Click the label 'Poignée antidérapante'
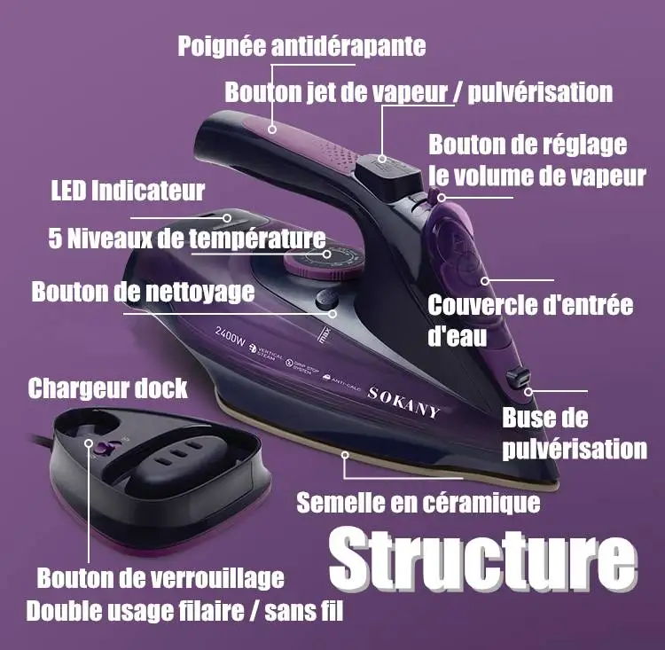[301, 46]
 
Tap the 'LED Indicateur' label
[129, 190]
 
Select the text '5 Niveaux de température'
[187, 239]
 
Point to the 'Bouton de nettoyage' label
[143, 291]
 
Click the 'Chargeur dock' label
[107, 388]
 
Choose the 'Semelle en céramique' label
[419, 503]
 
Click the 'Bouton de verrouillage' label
[160, 578]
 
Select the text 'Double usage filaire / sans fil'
[184, 611]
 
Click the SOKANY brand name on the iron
[403, 402]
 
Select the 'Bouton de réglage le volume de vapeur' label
[536, 160]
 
